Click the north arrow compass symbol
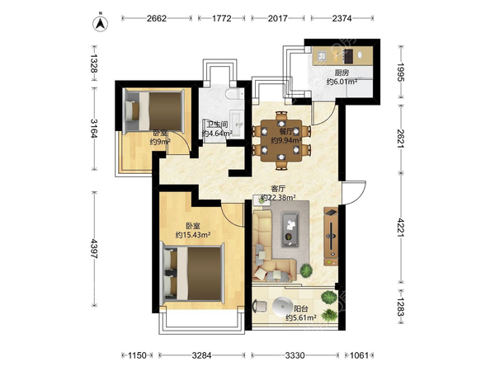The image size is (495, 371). click(x=100, y=23)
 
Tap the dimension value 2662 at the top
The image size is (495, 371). click(x=157, y=18)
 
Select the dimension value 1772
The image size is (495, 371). click(x=222, y=18)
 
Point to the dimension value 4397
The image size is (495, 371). click(x=94, y=249)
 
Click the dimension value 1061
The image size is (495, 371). click(x=359, y=355)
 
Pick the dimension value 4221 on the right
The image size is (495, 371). click(x=401, y=228)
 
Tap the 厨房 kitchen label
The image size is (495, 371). click(x=342, y=73)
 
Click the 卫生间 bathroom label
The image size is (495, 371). click(x=217, y=124)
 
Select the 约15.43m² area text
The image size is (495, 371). click(x=193, y=235)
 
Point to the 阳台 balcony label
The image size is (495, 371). click(x=301, y=308)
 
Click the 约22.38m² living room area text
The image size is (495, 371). click(x=278, y=198)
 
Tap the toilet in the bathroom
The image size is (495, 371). click(x=234, y=94)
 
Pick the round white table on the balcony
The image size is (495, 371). click(x=282, y=307)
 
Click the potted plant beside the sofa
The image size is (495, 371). click(x=306, y=270)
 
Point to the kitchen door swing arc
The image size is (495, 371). click(x=323, y=115)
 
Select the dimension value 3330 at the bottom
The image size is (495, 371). click(x=295, y=355)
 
